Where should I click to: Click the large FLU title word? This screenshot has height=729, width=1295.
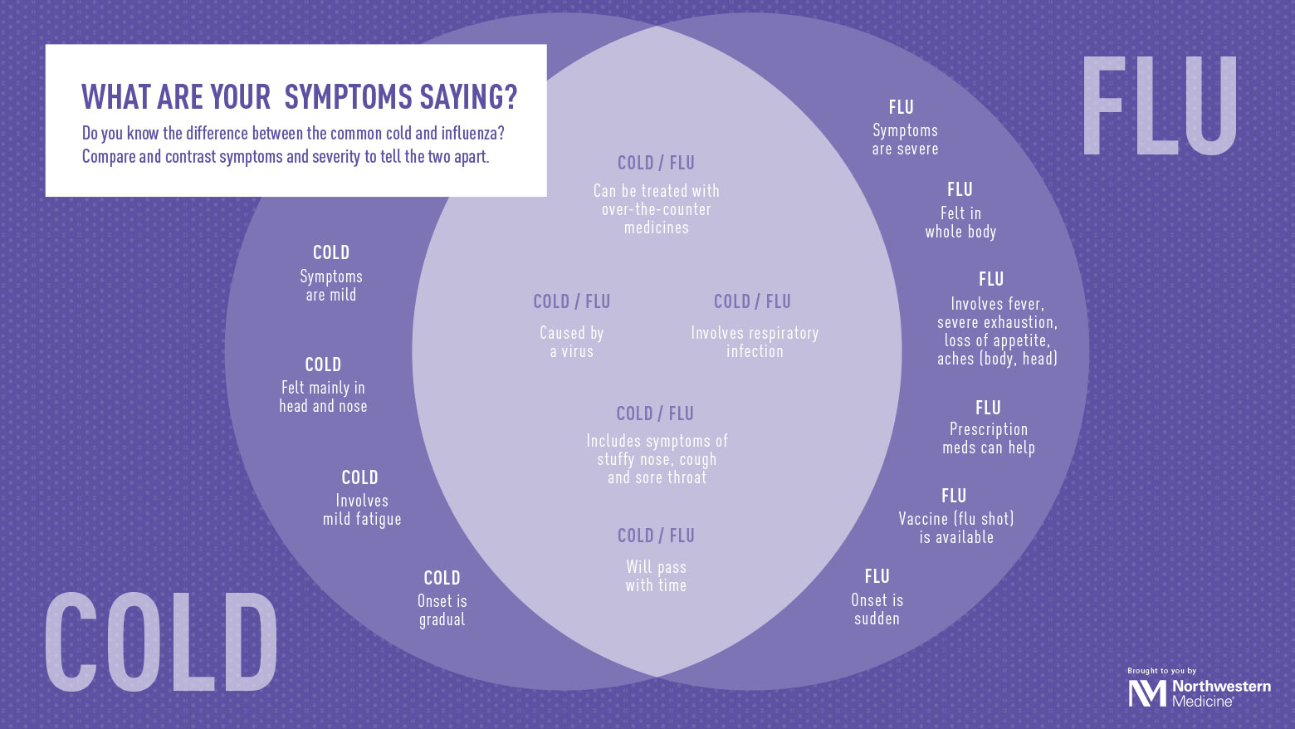(x=1159, y=106)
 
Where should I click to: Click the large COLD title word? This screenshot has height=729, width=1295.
(x=161, y=643)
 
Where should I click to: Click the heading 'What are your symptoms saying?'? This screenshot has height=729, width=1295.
(x=299, y=97)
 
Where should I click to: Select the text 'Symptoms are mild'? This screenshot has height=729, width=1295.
(x=331, y=286)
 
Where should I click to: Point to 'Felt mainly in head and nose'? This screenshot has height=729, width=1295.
(x=323, y=397)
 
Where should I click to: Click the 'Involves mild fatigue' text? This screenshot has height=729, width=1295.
(x=362, y=510)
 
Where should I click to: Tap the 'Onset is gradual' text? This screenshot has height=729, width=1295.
(x=442, y=610)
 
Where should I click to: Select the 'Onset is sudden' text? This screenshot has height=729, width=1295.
(x=877, y=609)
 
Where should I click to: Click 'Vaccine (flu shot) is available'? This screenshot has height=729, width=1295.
(x=956, y=528)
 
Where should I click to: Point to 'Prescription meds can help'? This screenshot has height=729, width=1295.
(x=988, y=438)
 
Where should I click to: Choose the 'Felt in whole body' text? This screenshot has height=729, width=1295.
(x=960, y=223)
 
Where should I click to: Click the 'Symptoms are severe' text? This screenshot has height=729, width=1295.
(x=905, y=139)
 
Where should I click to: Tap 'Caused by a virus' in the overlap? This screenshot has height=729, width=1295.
(x=572, y=342)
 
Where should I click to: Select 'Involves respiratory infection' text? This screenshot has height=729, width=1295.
(x=755, y=342)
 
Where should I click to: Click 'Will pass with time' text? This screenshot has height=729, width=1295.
(x=656, y=576)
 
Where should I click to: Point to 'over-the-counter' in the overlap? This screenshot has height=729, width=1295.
(x=657, y=209)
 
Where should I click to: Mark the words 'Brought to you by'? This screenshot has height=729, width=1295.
(x=1161, y=671)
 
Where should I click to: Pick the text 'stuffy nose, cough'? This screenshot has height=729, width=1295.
(x=657, y=459)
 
